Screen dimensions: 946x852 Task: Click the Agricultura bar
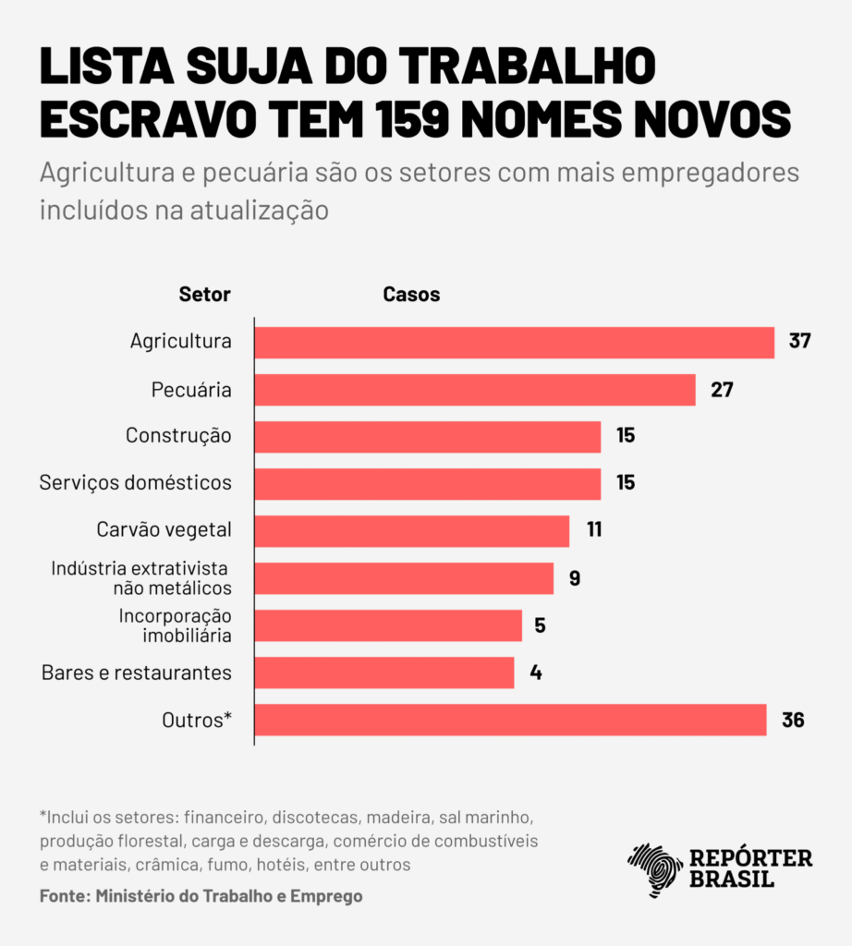(514, 343)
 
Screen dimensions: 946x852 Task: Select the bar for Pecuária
(474, 390)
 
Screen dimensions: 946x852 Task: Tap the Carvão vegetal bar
(411, 531)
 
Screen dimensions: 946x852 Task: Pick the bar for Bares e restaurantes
(383, 673)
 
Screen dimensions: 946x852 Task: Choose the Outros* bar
(510, 720)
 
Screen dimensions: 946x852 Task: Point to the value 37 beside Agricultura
(799, 341)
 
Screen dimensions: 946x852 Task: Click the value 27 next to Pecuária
(722, 389)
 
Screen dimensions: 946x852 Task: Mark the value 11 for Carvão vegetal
(593, 530)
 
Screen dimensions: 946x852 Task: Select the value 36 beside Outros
(793, 720)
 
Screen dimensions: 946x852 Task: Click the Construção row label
(178, 435)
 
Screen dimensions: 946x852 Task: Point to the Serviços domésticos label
(136, 482)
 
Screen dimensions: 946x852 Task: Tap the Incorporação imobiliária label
(175, 625)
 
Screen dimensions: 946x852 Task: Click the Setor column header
(204, 295)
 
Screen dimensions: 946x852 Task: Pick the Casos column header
(411, 295)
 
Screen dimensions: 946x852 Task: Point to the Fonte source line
(201, 896)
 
